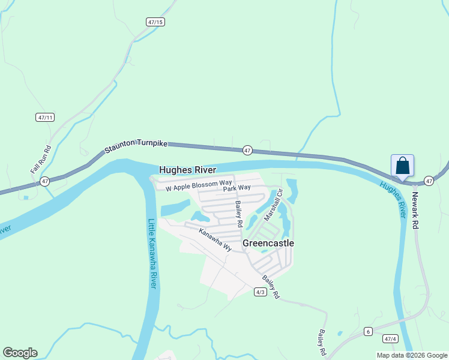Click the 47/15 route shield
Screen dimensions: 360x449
155,22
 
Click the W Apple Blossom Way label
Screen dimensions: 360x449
199,184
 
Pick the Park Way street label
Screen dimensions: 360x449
237,188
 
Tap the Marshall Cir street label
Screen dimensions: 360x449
274,205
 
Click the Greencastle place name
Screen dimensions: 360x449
268,243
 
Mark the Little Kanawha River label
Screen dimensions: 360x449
152,253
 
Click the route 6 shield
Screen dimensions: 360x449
368,331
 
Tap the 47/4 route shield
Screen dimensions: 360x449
391,339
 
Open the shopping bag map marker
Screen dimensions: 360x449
402,166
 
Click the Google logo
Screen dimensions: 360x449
20,353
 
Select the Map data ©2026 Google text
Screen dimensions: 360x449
412,355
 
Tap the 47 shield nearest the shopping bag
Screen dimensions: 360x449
429,180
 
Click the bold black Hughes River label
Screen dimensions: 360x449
188,170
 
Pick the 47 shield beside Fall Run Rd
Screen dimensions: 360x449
44,181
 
